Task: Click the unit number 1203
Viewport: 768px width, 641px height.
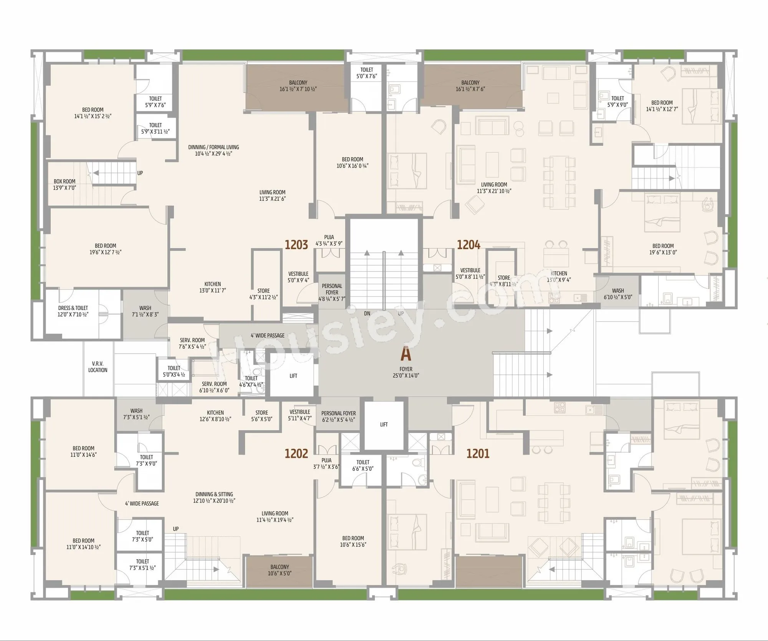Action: (x=296, y=245)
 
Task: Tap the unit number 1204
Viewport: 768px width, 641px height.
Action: (x=468, y=245)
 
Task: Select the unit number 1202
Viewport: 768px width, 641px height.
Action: (x=296, y=453)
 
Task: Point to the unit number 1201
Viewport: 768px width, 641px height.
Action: (x=478, y=453)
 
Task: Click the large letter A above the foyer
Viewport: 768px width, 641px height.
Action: (x=406, y=354)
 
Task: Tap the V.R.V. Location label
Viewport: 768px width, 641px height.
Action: (x=98, y=367)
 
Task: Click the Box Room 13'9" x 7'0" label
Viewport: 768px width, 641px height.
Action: (x=65, y=185)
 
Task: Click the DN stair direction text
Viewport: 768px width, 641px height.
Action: (x=367, y=313)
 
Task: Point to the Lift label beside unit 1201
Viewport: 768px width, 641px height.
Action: (x=384, y=425)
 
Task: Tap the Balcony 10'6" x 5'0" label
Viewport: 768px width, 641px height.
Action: (x=280, y=570)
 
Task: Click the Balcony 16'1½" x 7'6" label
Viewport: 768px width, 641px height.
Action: (x=470, y=86)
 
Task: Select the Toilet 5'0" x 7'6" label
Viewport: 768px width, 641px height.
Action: (x=367, y=73)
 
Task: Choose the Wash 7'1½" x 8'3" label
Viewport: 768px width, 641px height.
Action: (x=145, y=311)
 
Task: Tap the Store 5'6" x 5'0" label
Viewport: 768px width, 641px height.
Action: (x=262, y=416)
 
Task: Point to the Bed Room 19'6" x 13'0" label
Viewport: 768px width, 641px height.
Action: (x=663, y=249)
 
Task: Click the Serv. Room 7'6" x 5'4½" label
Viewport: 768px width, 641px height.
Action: (x=192, y=343)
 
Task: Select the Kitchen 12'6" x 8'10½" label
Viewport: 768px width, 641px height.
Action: (x=215, y=416)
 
